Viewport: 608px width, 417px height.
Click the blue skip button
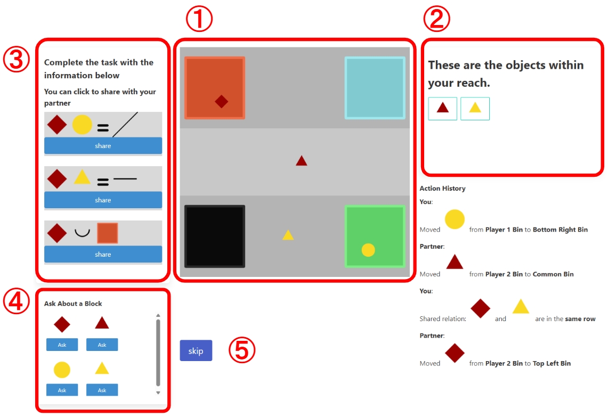pyautogui.click(x=196, y=350)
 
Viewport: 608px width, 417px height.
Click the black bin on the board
pyautogui.click(x=214, y=236)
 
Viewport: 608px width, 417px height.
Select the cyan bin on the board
pyautogui.click(x=375, y=87)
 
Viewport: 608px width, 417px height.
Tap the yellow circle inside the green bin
pyautogui.click(x=368, y=250)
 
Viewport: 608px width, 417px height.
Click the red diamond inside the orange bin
pyautogui.click(x=222, y=102)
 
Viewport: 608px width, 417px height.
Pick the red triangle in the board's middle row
pyautogui.click(x=301, y=160)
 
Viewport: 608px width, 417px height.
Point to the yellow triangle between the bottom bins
pyautogui.click(x=288, y=235)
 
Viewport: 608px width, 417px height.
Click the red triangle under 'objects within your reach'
pyautogui.click(x=442, y=108)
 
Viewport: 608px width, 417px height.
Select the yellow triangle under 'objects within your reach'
pyautogui.click(x=475, y=108)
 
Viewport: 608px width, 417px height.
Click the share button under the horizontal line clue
pyautogui.click(x=103, y=200)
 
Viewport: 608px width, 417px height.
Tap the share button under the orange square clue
pyautogui.click(x=103, y=254)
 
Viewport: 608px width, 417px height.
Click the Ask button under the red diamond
pyautogui.click(x=62, y=345)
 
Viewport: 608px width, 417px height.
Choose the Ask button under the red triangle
pyautogui.click(x=102, y=345)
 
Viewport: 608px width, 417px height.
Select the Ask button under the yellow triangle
pyautogui.click(x=102, y=390)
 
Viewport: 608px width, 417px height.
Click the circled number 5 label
pyautogui.click(x=242, y=350)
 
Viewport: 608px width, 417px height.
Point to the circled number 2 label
pyautogui.click(x=436, y=19)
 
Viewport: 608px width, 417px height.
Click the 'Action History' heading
pyautogui.click(x=442, y=189)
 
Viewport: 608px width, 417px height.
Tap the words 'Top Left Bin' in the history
pyautogui.click(x=552, y=364)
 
